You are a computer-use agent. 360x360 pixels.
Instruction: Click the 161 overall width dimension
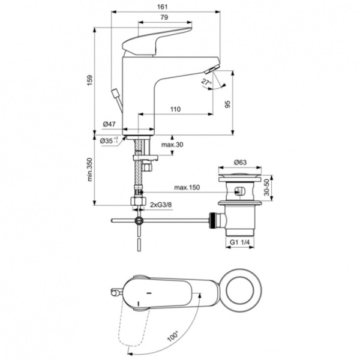click(164, 6)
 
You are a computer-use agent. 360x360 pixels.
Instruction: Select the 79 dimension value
click(164, 17)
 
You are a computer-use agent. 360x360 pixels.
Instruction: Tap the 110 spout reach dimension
click(175, 109)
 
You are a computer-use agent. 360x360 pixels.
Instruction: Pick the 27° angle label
click(206, 80)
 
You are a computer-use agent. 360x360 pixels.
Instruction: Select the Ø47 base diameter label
click(109, 124)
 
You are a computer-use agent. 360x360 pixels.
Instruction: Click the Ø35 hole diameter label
click(108, 140)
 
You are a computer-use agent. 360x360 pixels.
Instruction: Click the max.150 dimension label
click(187, 188)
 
